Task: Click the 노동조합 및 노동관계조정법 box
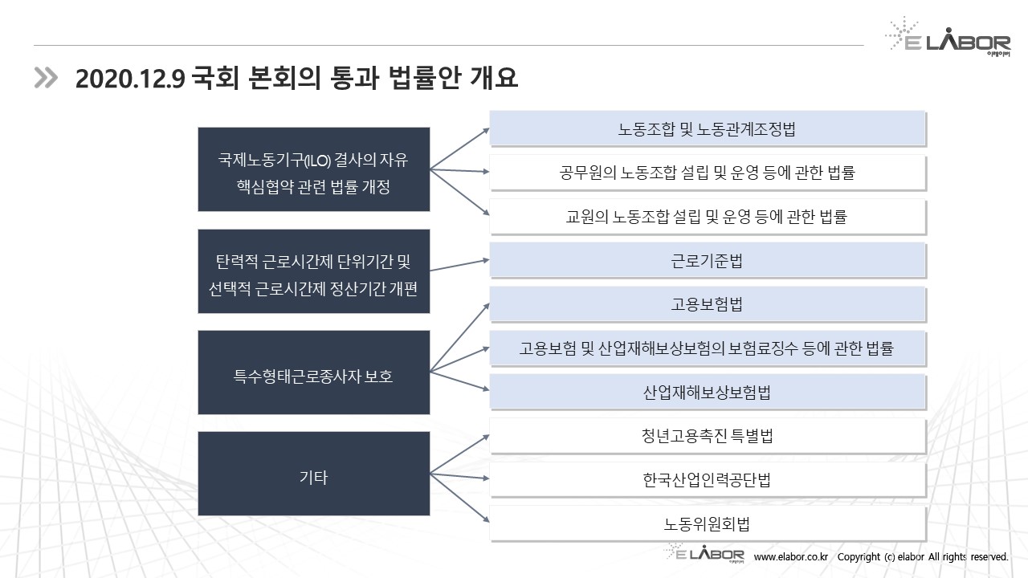[707, 128]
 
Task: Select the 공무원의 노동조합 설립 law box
[707, 173]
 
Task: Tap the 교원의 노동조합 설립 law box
[707, 216]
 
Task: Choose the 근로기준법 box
[707, 260]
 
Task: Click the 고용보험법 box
[707, 304]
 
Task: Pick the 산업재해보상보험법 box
[707, 393]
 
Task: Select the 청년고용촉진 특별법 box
[707, 436]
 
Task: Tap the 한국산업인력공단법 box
[707, 480]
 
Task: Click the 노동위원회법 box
[707, 524]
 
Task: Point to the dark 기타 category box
[313, 478]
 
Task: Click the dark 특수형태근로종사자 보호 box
[313, 376]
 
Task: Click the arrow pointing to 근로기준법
[460, 265]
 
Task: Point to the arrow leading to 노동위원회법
[460, 498]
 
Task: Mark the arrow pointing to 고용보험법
[460, 337]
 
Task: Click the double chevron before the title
[46, 77]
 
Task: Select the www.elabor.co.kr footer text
[790, 556]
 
